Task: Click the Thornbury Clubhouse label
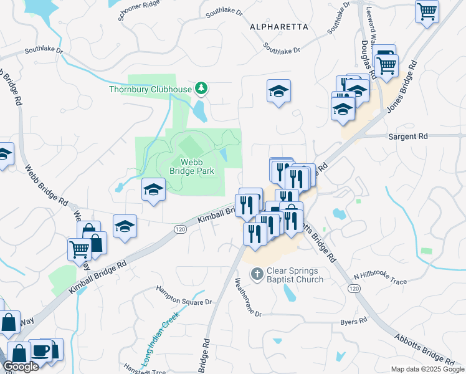tap(150, 89)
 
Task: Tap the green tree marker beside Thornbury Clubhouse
tap(201, 89)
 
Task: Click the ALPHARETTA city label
tap(278, 27)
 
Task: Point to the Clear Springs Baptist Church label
tap(295, 275)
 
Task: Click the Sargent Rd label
tap(409, 135)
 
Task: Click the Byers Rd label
tap(353, 322)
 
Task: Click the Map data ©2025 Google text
tap(427, 369)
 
